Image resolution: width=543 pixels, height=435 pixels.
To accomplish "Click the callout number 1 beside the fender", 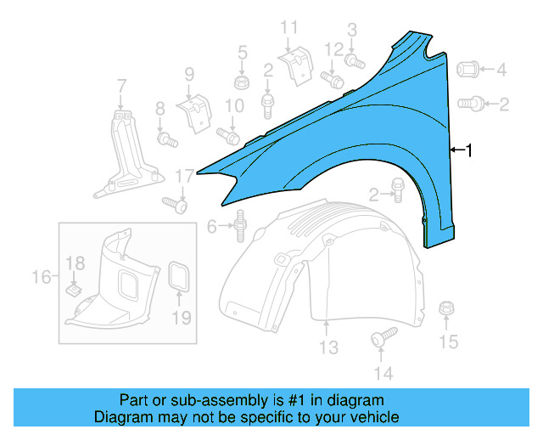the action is (469, 150).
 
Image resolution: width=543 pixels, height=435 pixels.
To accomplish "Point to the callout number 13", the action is (328, 348).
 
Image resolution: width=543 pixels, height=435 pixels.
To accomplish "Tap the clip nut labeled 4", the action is (472, 71).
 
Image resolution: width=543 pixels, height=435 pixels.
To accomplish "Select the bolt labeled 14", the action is (380, 339).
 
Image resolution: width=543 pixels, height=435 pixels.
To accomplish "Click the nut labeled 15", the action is (446, 311).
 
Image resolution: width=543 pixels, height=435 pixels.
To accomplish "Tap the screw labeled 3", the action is (355, 60).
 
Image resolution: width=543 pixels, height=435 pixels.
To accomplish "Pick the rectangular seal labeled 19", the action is (180, 277).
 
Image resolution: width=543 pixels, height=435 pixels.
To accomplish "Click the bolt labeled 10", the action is (227, 135).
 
